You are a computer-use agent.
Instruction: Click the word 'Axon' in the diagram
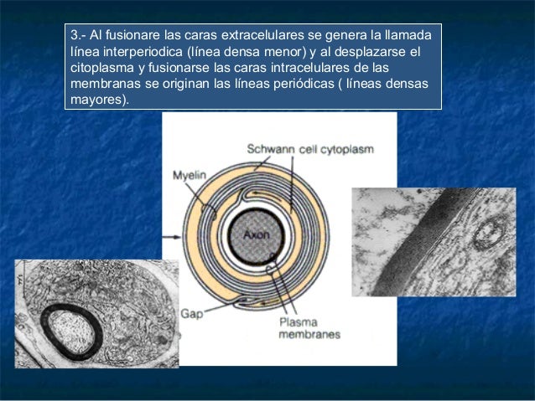(257, 235)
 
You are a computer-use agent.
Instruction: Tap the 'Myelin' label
(189, 176)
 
